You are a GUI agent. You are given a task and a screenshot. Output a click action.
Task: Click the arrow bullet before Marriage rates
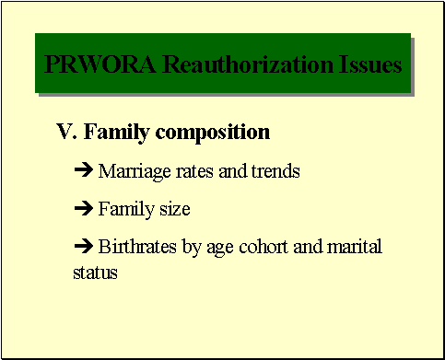tap(82, 171)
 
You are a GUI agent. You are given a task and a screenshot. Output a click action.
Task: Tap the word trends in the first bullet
tap(276, 171)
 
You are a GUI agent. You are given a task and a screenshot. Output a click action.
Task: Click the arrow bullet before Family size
tap(82, 210)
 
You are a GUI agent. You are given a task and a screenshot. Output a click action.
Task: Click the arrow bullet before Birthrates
tap(82, 248)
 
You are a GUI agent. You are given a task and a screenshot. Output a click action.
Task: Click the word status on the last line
tap(95, 273)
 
